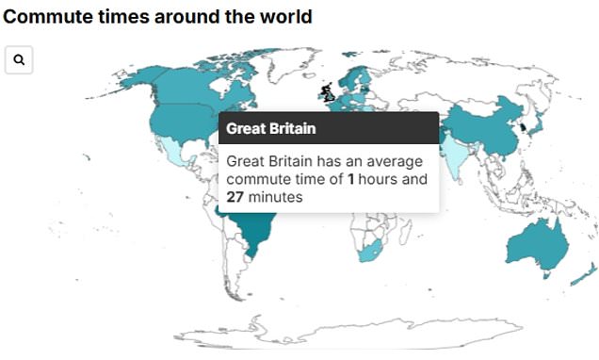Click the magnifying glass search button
pos(19,59)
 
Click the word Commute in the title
pos(48,17)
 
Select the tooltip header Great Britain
pos(270,128)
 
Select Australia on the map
pos(536,244)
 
